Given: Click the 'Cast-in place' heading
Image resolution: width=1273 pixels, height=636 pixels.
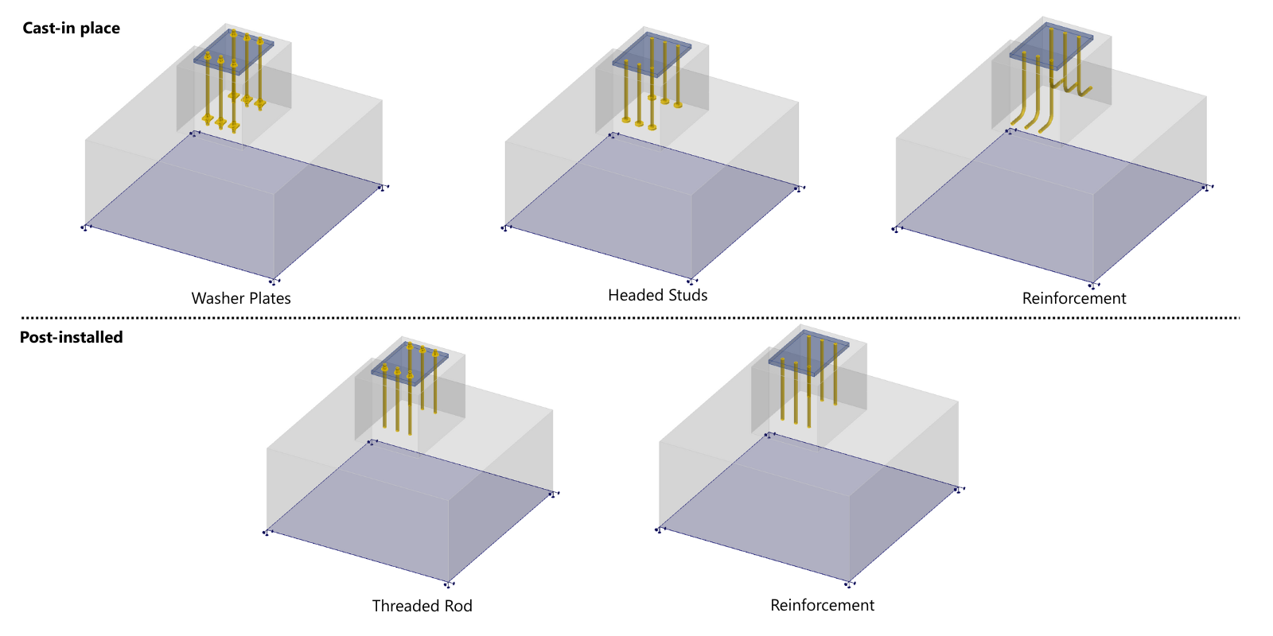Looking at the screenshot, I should pyautogui.click(x=71, y=28).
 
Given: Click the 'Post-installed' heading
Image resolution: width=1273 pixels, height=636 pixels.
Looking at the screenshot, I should pyautogui.click(x=71, y=337).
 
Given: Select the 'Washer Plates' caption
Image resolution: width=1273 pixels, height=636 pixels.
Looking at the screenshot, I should pyautogui.click(x=241, y=298).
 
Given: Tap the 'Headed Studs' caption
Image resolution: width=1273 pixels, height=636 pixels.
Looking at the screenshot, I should pyautogui.click(x=657, y=295).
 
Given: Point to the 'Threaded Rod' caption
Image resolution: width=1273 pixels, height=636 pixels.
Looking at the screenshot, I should pyautogui.click(x=422, y=606).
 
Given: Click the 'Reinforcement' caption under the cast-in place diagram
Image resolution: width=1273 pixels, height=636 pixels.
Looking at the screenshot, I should pyautogui.click(x=1074, y=298).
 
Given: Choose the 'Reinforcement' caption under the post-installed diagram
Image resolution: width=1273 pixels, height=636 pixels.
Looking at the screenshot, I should pyautogui.click(x=822, y=605).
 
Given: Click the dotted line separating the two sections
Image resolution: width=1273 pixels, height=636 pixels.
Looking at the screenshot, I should pyautogui.click(x=636, y=317).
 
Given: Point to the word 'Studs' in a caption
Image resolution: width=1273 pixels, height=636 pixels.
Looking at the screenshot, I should pyautogui.click(x=687, y=295).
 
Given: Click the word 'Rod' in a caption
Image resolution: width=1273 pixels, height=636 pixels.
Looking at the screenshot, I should pyautogui.click(x=458, y=606).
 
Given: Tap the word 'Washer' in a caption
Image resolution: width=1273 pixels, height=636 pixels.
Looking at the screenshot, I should pyautogui.click(x=217, y=298).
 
